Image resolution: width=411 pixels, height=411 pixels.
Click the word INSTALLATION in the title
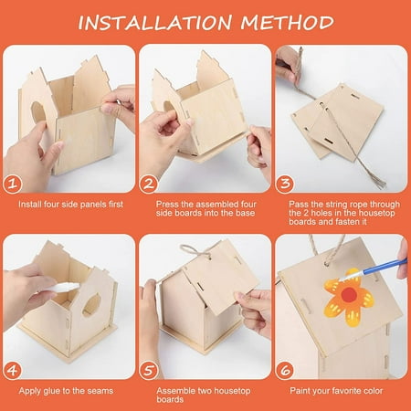click(x=155, y=23)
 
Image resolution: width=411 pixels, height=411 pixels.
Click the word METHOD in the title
click(x=288, y=22)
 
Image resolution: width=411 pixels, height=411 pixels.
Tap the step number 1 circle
click(x=13, y=184)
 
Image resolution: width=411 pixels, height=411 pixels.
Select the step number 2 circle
click(x=149, y=184)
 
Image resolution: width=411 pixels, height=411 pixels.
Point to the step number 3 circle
click(x=285, y=184)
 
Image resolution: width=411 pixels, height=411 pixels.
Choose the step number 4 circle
click(x=13, y=371)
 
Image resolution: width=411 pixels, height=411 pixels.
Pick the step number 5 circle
click(x=149, y=371)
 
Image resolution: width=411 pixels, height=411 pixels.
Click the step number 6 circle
click(x=285, y=371)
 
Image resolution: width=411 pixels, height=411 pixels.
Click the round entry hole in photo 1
click(x=38, y=112)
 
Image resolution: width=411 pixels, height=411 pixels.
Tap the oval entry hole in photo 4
click(x=91, y=304)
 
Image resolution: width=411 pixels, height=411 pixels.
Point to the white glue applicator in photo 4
click(x=64, y=287)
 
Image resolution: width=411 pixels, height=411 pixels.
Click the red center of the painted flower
click(x=349, y=294)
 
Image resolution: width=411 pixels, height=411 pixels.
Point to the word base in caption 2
click(x=245, y=213)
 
